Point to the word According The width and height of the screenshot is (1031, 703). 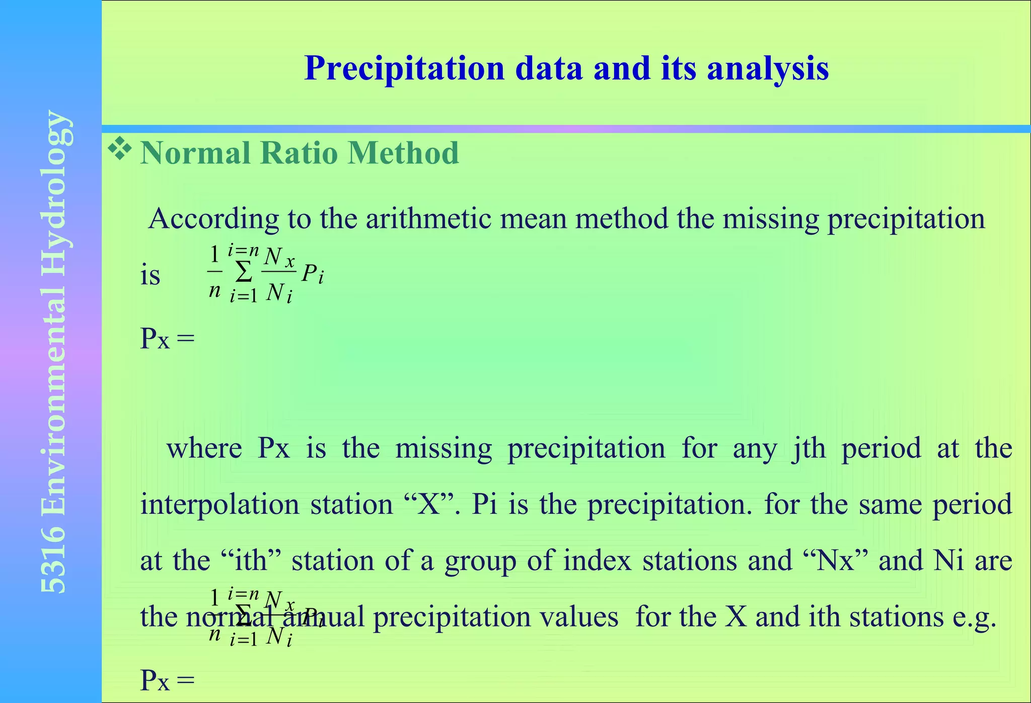point(213,219)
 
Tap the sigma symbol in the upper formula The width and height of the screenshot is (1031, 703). point(244,273)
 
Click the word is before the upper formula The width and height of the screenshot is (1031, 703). point(150,276)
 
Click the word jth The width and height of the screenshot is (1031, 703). point(808,448)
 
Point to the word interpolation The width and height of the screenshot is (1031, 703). point(219,505)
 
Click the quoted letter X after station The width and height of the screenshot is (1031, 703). point(429,505)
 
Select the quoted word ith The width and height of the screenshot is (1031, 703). point(250,561)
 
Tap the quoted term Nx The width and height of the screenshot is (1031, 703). point(836,561)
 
